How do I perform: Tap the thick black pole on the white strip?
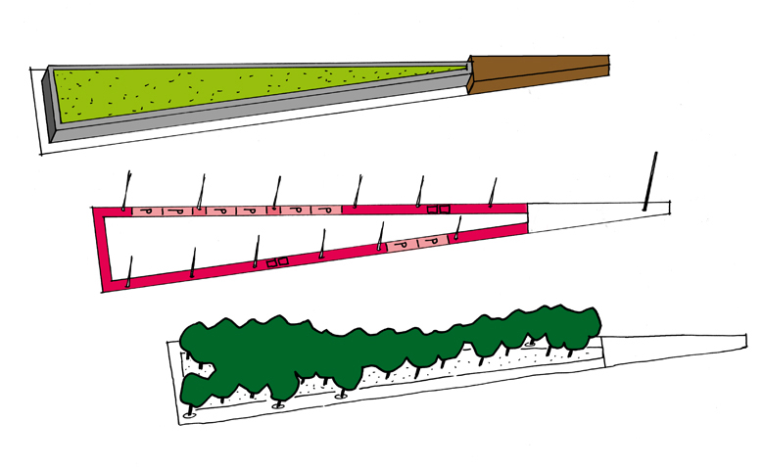tap(650, 181)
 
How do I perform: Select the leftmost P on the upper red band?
tap(147, 211)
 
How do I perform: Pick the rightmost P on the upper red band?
tap(327, 211)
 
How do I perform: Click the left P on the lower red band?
tap(402, 245)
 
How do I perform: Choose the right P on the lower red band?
tap(431, 241)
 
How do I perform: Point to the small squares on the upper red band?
tap(438, 210)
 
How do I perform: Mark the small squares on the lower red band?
tap(277, 262)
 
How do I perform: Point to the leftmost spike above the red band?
tap(126, 190)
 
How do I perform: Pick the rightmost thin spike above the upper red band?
tap(493, 192)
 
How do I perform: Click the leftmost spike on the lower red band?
tap(129, 272)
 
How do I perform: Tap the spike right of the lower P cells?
tap(457, 228)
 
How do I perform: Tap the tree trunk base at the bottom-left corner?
tap(190, 413)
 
